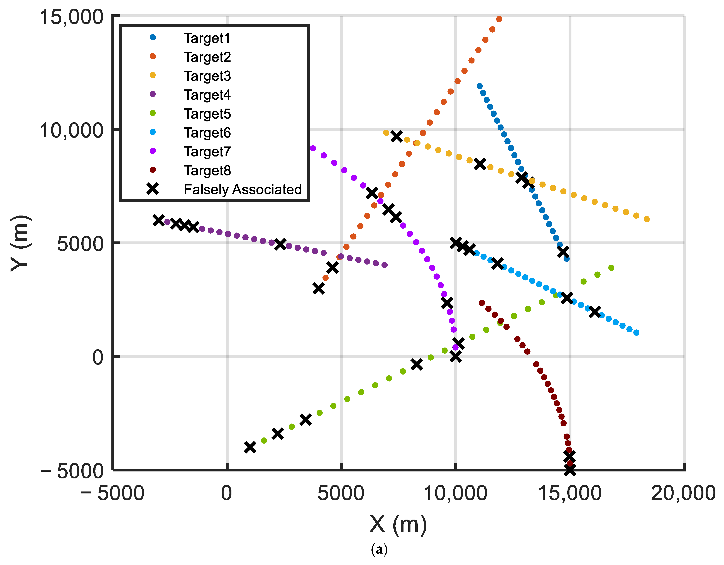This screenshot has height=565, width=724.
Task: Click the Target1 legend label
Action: tap(207, 38)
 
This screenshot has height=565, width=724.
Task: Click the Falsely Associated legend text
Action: tap(242, 189)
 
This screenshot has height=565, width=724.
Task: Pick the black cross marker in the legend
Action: tap(153, 189)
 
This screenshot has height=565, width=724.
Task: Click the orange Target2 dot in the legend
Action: tap(153, 56)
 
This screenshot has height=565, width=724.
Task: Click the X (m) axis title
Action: tap(398, 525)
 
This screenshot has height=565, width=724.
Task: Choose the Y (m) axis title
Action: tap(21, 243)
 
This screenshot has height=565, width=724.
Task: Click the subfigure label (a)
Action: tap(379, 550)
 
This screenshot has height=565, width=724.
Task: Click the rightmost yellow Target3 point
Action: tap(646, 219)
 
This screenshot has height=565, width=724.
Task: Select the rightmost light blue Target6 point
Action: tap(636, 332)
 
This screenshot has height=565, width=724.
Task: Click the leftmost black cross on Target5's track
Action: tap(250, 447)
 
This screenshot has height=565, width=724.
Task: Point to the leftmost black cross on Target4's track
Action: tap(159, 220)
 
